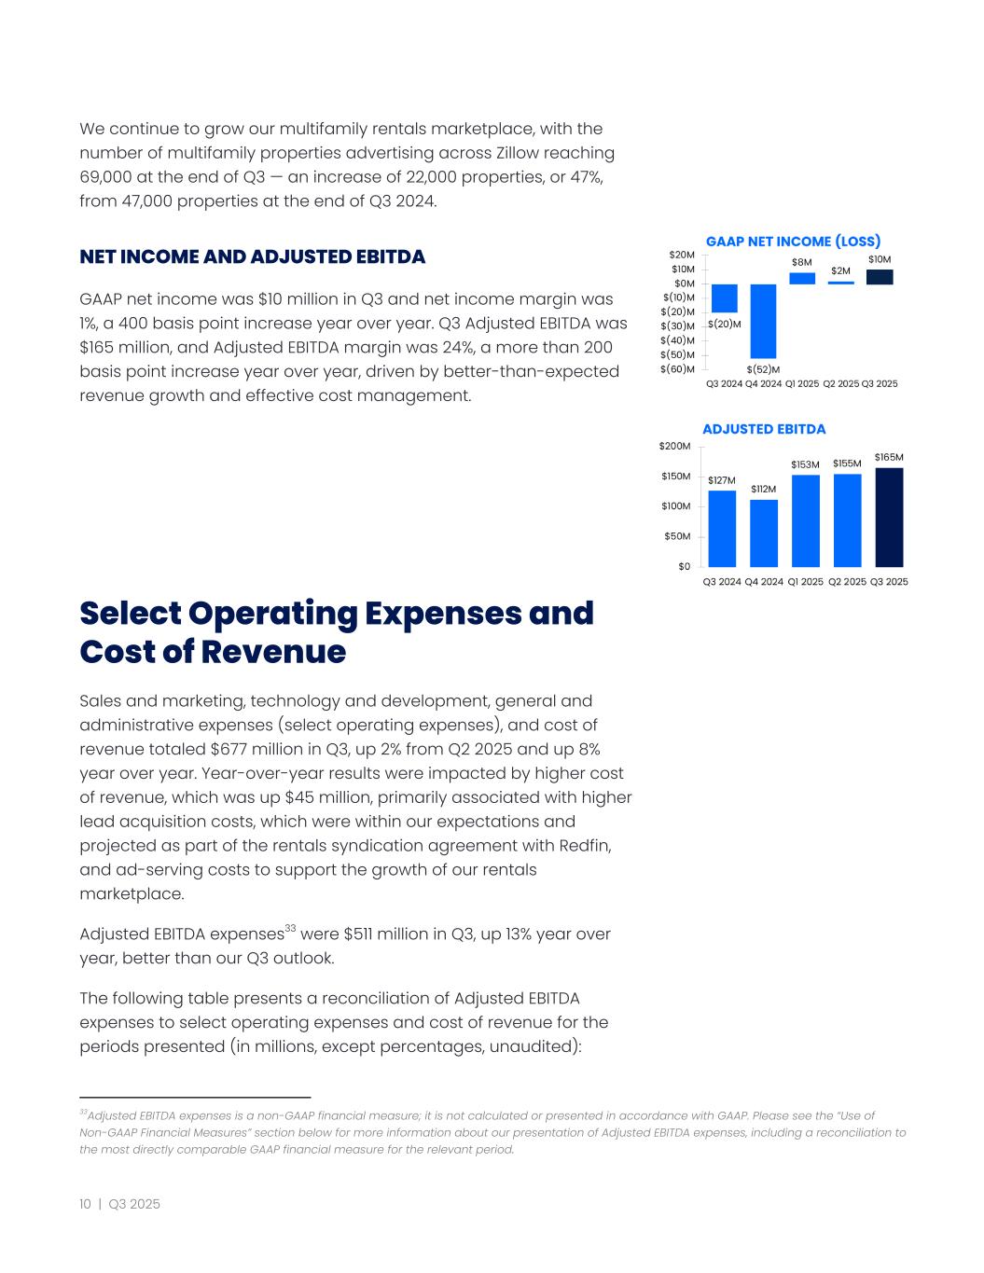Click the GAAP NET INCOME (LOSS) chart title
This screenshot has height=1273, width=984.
click(x=793, y=242)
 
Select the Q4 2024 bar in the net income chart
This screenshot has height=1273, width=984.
click(x=763, y=321)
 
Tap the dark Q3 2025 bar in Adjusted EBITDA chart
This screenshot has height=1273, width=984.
click(x=889, y=517)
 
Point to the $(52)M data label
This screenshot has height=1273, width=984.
click(x=763, y=369)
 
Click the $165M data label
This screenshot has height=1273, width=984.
click(x=889, y=457)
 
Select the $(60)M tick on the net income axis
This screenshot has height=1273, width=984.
click(x=677, y=369)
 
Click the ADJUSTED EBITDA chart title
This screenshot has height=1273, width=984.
click(x=764, y=429)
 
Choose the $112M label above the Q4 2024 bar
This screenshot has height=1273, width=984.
click(x=763, y=489)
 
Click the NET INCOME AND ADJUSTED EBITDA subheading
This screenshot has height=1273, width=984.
click(x=252, y=256)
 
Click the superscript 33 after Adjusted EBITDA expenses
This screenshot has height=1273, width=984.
click(x=290, y=929)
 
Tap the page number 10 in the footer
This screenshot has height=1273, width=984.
click(x=85, y=1204)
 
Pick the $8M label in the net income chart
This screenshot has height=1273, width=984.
click(x=802, y=263)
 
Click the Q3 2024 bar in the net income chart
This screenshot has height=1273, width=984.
click(x=724, y=297)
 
